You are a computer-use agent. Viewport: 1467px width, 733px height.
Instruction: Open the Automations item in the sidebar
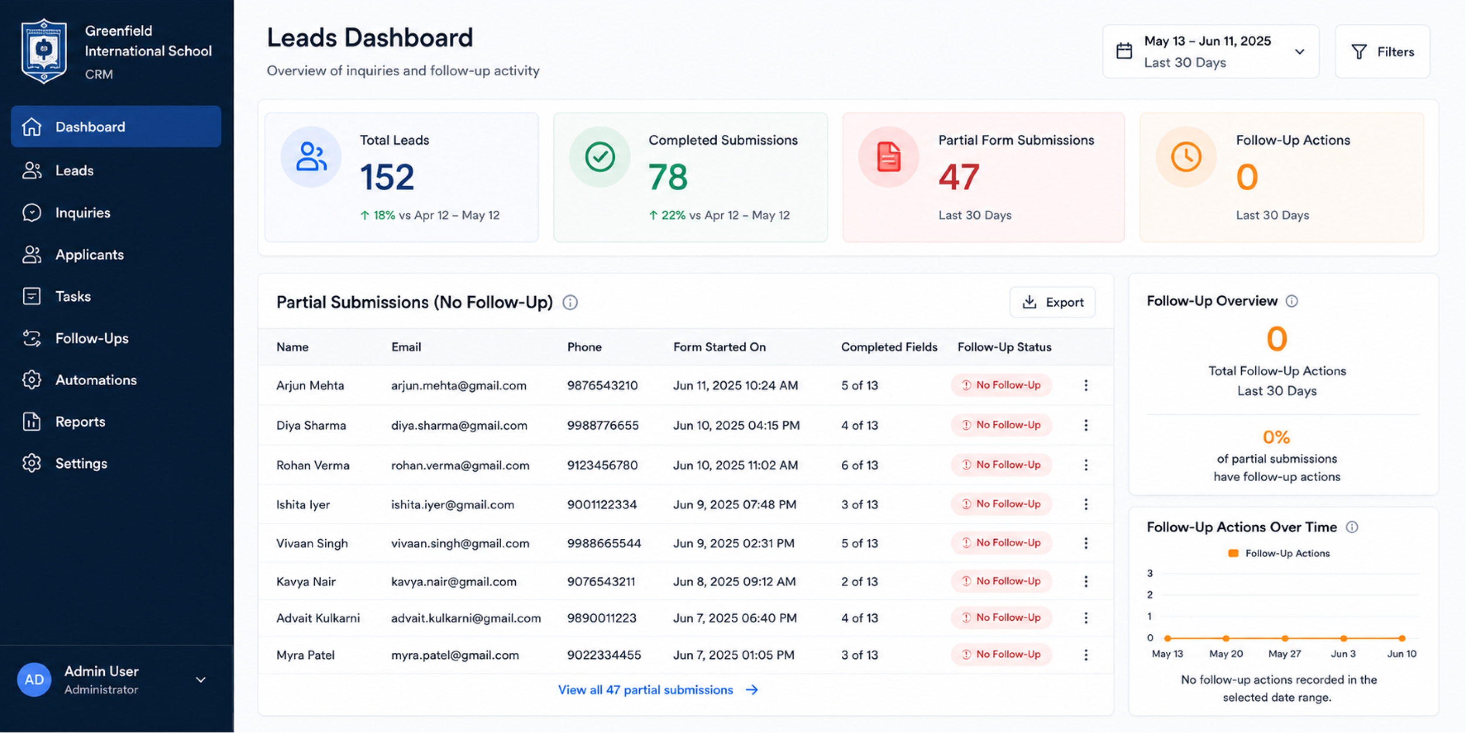coord(96,380)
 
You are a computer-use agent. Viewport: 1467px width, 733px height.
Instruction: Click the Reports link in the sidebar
coord(80,422)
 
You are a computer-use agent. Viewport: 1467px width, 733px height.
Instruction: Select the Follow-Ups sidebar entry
coord(92,339)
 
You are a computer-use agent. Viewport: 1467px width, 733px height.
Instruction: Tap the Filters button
coord(1382,52)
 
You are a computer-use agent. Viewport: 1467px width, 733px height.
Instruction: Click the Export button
coord(1052,302)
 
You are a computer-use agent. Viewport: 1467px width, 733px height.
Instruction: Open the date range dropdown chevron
coord(1300,52)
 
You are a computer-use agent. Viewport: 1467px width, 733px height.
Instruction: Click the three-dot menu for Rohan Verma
coord(1086,465)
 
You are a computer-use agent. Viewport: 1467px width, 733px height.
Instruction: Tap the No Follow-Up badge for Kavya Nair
coord(1001,581)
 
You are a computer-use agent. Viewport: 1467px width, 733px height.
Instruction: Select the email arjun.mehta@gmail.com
coord(458,385)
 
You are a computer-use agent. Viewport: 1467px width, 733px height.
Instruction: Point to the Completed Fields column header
coord(889,347)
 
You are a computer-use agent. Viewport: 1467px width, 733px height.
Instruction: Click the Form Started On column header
coord(719,347)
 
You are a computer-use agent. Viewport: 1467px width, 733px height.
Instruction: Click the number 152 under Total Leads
coord(387,177)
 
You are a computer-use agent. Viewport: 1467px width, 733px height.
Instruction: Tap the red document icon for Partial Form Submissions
coord(888,157)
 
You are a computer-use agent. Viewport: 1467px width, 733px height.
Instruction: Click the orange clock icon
coord(1186,157)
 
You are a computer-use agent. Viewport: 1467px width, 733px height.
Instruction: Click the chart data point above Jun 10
coord(1402,638)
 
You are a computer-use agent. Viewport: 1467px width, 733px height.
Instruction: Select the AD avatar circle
coord(34,679)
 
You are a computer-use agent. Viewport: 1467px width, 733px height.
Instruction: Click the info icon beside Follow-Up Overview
coord(1291,301)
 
